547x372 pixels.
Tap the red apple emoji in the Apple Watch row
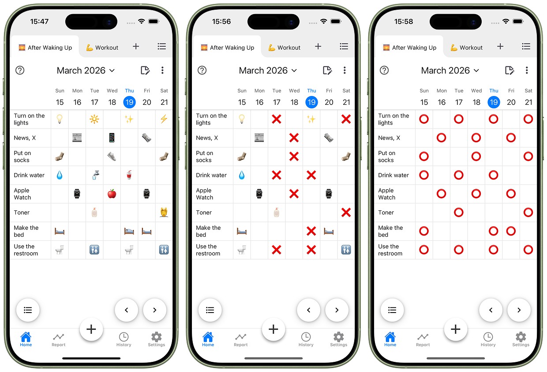[x=112, y=194]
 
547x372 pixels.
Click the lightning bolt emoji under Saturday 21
[x=164, y=119]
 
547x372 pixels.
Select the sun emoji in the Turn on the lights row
[x=94, y=119]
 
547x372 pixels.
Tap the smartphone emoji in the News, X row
[x=112, y=138]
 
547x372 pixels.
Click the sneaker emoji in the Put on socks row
[x=112, y=156]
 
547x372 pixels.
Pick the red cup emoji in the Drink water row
[x=129, y=175]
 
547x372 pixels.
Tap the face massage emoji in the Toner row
[x=164, y=212]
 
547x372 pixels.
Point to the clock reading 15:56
[x=221, y=22]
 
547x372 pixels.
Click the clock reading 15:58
[x=403, y=22]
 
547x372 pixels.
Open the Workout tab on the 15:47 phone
[x=102, y=47]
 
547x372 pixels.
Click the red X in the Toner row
[x=346, y=212]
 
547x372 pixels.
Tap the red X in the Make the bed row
[x=311, y=231]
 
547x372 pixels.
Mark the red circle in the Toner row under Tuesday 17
[x=459, y=212]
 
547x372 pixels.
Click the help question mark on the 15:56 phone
[x=202, y=70]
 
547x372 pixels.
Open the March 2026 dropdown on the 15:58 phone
[x=450, y=70]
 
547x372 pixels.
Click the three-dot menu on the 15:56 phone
[x=345, y=70]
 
